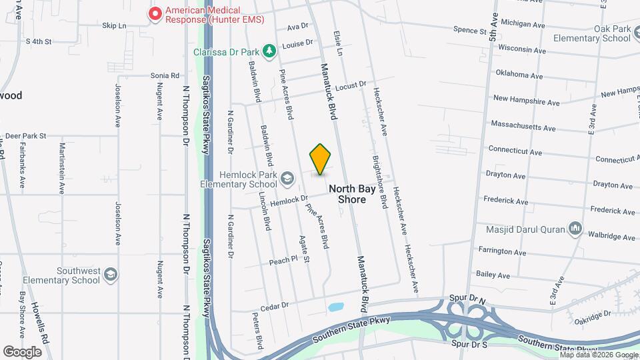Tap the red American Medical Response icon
(x=155, y=13)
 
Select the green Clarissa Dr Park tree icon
(x=269, y=51)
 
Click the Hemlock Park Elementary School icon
(x=287, y=179)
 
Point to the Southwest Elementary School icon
(x=111, y=275)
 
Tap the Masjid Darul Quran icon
(x=575, y=231)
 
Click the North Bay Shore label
(x=347, y=194)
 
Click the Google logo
(x=22, y=351)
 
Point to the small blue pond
(x=335, y=308)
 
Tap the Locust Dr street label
(x=351, y=86)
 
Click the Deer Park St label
(x=24, y=135)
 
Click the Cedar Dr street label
(x=274, y=305)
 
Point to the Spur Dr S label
(x=469, y=344)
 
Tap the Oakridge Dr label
(x=594, y=314)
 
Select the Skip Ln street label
(x=114, y=26)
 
